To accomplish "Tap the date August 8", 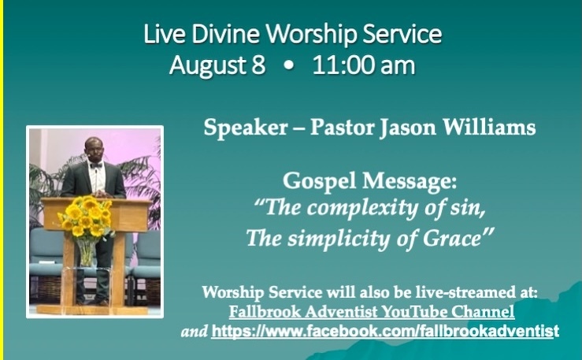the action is tap(217, 65).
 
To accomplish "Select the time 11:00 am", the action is tap(363, 65).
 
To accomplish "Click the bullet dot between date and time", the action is tap(289, 66).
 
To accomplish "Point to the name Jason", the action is tap(407, 128).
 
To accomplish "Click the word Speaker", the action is tap(246, 128).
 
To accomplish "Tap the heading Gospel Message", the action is tap(369, 181).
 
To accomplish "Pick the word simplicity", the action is tap(339, 239).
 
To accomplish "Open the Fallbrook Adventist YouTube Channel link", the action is tap(372, 311).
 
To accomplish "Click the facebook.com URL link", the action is tap(385, 330).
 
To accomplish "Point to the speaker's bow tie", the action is tap(96, 165).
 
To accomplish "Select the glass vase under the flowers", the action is tap(87, 251).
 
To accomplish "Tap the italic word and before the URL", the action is tap(194, 331).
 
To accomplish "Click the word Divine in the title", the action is tap(225, 33).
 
